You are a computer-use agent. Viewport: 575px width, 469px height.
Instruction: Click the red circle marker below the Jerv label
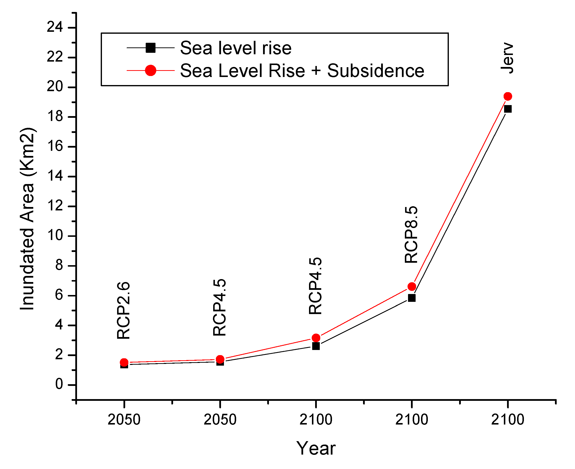(508, 96)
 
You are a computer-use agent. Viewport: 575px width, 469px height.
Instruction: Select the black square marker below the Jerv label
(508, 109)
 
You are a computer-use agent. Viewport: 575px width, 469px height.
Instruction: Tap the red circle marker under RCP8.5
(412, 286)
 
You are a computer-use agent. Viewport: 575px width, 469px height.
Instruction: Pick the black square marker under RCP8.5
(412, 298)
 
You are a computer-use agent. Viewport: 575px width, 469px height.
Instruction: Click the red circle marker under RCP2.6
(124, 362)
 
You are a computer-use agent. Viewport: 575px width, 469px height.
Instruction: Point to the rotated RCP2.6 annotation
(124, 310)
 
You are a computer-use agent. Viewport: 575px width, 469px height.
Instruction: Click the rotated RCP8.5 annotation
(411, 235)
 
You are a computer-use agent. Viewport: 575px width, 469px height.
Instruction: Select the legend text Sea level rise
(236, 48)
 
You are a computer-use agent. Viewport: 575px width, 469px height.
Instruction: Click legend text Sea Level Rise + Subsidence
(302, 71)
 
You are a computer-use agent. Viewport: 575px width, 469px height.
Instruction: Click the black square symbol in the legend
(151, 48)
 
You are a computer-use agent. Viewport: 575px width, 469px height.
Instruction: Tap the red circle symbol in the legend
(151, 71)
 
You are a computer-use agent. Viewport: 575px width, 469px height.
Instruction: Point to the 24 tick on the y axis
(55, 27)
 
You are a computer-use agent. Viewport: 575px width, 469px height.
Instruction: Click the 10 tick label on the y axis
(55, 236)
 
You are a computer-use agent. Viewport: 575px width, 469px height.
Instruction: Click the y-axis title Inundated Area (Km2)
(27, 219)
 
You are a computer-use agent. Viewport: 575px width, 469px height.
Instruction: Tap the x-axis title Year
(316, 448)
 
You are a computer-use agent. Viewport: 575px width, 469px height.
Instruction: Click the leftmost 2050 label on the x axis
(124, 420)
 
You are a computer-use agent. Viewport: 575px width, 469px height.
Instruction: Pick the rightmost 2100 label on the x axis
(508, 420)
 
